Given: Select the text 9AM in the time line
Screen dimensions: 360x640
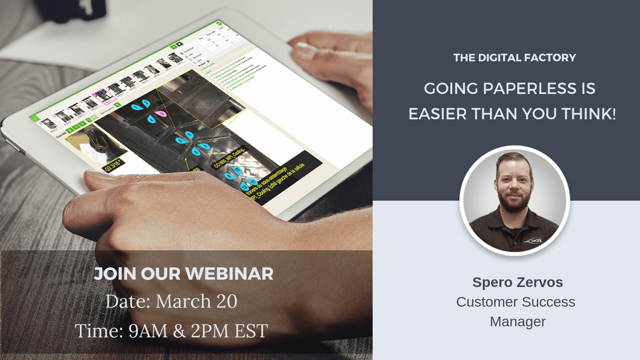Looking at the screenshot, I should pyautogui.click(x=148, y=331).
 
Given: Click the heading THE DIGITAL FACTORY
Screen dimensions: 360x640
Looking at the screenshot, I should pyautogui.click(x=514, y=58).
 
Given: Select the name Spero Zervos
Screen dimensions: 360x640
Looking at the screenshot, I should pyautogui.click(x=517, y=282).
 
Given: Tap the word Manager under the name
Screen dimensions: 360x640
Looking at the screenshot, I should pyautogui.click(x=517, y=322).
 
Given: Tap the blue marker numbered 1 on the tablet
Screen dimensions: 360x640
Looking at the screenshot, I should pyautogui.click(x=136, y=107).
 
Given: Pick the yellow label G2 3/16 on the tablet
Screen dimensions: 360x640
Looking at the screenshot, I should pyautogui.click(x=113, y=166).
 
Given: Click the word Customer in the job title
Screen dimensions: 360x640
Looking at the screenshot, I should pyautogui.click(x=485, y=302).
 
